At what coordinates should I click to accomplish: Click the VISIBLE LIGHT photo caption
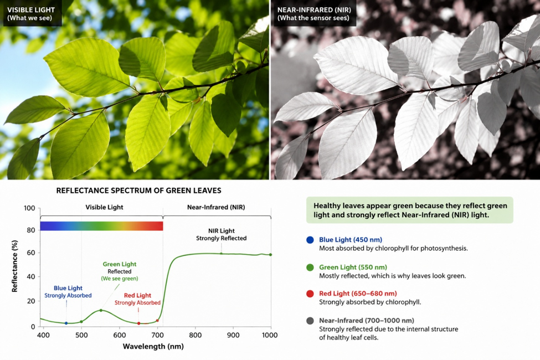pyautogui.click(x=30, y=14)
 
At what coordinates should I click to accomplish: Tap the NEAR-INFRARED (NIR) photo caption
pyautogui.click(x=313, y=14)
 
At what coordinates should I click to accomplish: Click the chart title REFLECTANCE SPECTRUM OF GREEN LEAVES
pyautogui.click(x=139, y=191)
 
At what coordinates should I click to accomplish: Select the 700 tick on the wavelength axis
pyautogui.click(x=157, y=335)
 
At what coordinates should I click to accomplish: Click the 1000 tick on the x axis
pyautogui.click(x=270, y=335)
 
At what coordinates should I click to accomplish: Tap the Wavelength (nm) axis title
pyautogui.click(x=153, y=346)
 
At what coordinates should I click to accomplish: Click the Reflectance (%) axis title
pyautogui.click(x=14, y=266)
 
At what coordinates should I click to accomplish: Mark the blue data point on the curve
pyautogui.click(x=66, y=323)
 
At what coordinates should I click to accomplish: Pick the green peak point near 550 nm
pyautogui.click(x=101, y=310)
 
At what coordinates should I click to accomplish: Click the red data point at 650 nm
pyautogui.click(x=139, y=323)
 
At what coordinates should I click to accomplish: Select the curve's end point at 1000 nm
pyautogui.click(x=270, y=255)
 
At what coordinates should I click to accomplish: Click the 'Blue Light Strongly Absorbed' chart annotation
pyautogui.click(x=68, y=291)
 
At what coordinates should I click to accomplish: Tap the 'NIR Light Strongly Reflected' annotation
pyautogui.click(x=222, y=234)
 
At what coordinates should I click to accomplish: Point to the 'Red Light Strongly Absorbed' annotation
pyautogui.click(x=137, y=299)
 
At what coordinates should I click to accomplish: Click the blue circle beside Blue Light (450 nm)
pyautogui.click(x=310, y=240)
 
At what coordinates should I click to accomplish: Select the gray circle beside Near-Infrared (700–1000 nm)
pyautogui.click(x=310, y=321)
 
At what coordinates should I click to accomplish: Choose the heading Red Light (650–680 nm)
pyautogui.click(x=358, y=294)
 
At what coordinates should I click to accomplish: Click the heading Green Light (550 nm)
pyautogui.click(x=353, y=267)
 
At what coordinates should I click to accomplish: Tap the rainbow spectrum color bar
pyautogui.click(x=101, y=226)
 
